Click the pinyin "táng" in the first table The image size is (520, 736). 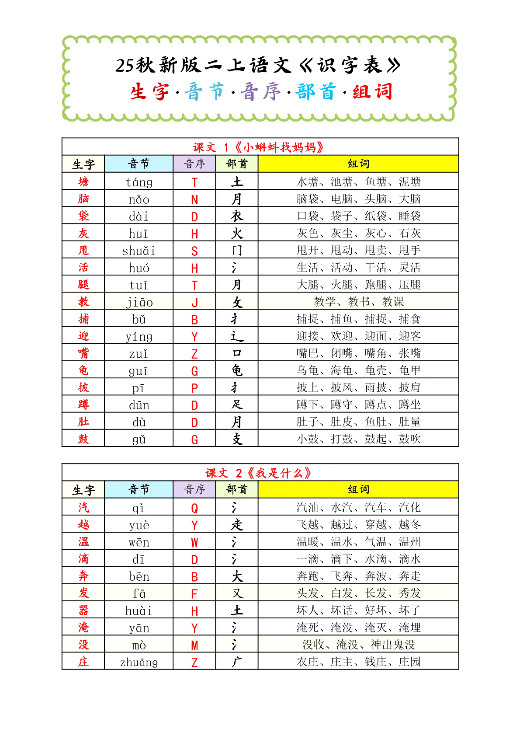tap(139, 182)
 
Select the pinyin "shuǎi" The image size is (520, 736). tap(139, 251)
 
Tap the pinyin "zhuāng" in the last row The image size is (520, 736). tap(139, 662)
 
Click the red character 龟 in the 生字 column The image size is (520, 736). tap(83, 370)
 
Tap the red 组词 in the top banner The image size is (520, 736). tap(372, 92)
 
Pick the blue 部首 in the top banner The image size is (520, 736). tap(315, 92)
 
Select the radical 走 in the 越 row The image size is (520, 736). tap(237, 524)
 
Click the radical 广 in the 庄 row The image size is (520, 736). tap(237, 662)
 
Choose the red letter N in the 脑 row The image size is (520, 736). tap(194, 199)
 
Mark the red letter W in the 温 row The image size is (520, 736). tap(194, 542)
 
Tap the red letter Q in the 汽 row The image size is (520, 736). tap(194, 508)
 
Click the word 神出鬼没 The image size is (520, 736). tap(393, 645)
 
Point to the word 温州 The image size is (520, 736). tap(410, 542)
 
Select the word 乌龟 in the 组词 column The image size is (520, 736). tap(308, 370)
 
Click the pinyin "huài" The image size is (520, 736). tap(139, 610)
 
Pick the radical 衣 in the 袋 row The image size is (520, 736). tap(237, 216)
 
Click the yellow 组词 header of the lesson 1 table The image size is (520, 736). tap(358, 164)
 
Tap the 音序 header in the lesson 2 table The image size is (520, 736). tap(194, 489)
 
